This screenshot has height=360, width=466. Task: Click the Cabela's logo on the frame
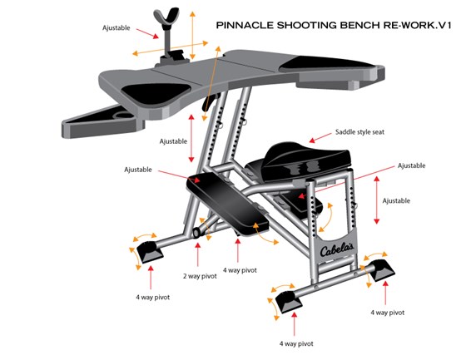click(337, 249)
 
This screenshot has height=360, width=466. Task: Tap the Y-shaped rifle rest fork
click(166, 17)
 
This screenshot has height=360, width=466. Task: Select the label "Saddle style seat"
click(359, 132)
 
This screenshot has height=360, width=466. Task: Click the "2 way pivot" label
click(200, 276)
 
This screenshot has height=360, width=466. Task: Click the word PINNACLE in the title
click(245, 25)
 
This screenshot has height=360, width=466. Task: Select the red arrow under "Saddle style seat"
click(320, 138)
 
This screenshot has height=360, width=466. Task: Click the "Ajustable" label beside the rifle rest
click(116, 28)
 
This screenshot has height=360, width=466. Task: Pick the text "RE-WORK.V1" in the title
click(417, 25)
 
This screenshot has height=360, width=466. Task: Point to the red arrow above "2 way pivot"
click(198, 254)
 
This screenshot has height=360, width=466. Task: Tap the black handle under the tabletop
click(209, 102)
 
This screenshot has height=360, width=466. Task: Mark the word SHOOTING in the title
click(306, 25)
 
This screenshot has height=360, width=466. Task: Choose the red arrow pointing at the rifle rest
click(147, 33)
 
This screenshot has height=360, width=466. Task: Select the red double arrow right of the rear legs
click(376, 200)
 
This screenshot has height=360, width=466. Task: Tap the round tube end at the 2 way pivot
click(196, 233)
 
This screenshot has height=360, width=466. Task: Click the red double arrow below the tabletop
click(191, 138)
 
